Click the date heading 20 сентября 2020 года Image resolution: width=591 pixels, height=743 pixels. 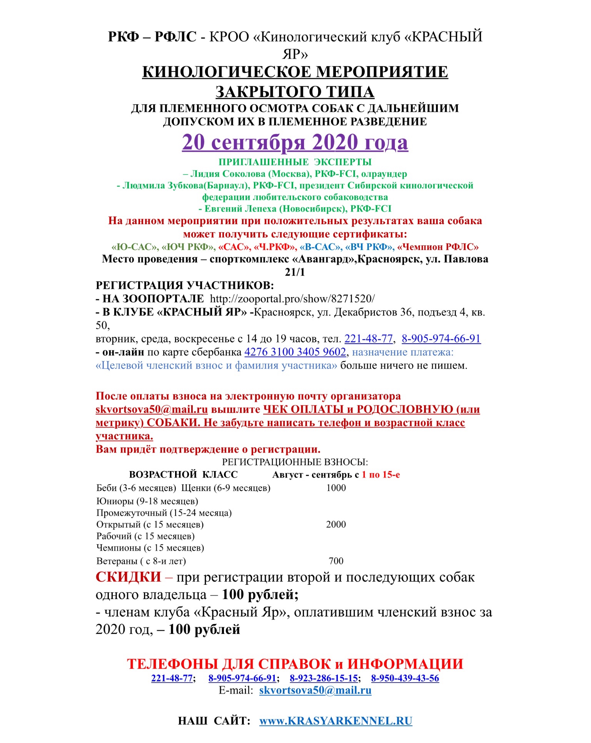click(x=295, y=143)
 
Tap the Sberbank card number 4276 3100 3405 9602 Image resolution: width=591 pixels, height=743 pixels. click(x=295, y=352)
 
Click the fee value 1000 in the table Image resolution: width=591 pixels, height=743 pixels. click(x=336, y=488)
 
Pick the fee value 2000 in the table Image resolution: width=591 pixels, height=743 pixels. click(x=336, y=524)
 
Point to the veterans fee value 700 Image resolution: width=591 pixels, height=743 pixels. click(x=336, y=561)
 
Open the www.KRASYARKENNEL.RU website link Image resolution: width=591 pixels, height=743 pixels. click(x=336, y=721)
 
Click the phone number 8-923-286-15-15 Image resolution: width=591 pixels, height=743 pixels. click(x=324, y=678)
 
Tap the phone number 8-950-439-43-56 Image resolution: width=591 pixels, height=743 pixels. click(x=405, y=678)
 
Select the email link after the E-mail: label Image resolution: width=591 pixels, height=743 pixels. click(x=315, y=690)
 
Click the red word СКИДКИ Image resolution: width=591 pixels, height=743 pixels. click(x=129, y=577)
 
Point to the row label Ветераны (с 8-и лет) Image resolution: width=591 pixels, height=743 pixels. click(x=141, y=561)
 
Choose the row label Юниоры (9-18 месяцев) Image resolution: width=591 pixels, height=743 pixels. click(x=147, y=501)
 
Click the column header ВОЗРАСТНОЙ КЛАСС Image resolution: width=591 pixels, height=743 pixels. click(x=183, y=475)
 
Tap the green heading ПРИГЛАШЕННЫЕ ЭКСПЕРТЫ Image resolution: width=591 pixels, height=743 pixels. click(x=295, y=162)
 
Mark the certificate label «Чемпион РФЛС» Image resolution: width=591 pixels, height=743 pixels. click(x=438, y=247)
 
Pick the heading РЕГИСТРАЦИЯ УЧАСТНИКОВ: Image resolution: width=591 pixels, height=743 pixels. click(x=185, y=285)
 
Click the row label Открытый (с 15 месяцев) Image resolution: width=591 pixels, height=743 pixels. click(x=150, y=524)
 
